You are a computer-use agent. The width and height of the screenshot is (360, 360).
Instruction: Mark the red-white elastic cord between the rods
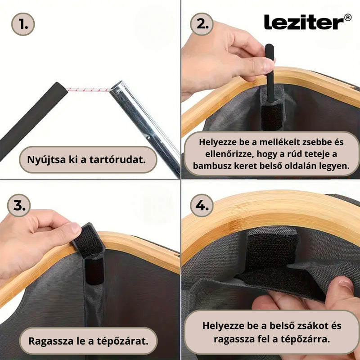tap(89, 89)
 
